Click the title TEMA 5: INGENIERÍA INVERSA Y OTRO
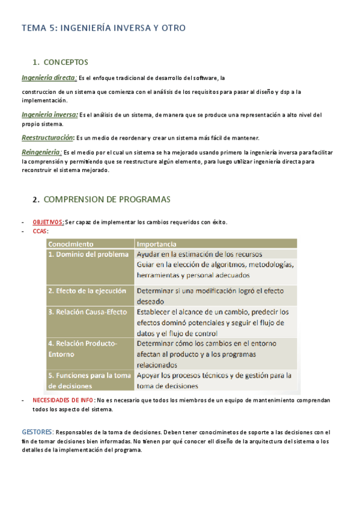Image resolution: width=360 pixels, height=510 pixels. tap(103, 28)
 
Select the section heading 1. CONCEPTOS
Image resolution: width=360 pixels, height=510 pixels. tap(61, 62)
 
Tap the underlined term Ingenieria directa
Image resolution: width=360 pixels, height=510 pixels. tap(49, 78)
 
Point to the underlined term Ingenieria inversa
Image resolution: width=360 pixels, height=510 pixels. tap(49, 114)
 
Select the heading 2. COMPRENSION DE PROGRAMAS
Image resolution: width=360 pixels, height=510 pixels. tap(102, 199)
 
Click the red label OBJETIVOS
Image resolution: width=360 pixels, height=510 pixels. tap(48, 222)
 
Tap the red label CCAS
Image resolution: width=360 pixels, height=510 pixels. tap(40, 231)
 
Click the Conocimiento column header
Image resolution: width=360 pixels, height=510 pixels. tap(71, 244)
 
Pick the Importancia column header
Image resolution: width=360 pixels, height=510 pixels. tap(156, 244)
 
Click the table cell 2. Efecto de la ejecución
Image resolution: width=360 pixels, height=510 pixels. tap(87, 290)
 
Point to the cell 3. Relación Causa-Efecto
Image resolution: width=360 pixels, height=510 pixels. tap(88, 312)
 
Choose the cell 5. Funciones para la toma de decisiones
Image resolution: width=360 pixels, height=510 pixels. tap(90, 381)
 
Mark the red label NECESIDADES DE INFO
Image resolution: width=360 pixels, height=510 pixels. tap(63, 401)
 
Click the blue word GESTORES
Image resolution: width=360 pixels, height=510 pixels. tap(38, 432)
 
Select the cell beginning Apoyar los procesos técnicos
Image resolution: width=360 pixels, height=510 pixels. tap(214, 381)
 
